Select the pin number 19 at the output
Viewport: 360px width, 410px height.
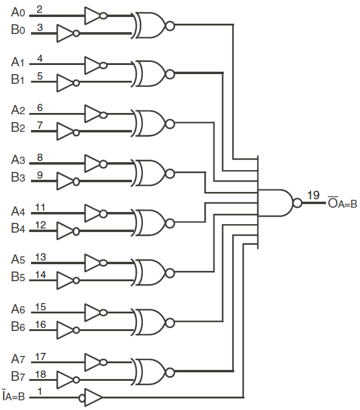[x=313, y=195]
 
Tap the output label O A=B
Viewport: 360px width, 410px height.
[x=342, y=203]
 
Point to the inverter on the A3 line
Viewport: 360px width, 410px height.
[x=94, y=163]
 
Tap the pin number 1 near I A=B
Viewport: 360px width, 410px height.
[x=40, y=392]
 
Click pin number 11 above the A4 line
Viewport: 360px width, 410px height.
[x=40, y=208]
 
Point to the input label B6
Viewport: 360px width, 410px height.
[x=18, y=327]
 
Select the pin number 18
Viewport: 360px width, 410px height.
[x=40, y=374]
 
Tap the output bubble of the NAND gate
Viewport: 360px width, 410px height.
[x=297, y=203]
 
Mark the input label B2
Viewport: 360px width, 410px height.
[x=18, y=128]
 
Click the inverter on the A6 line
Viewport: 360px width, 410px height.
[x=94, y=313]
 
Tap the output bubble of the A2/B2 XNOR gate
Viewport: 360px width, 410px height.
[x=170, y=124]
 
